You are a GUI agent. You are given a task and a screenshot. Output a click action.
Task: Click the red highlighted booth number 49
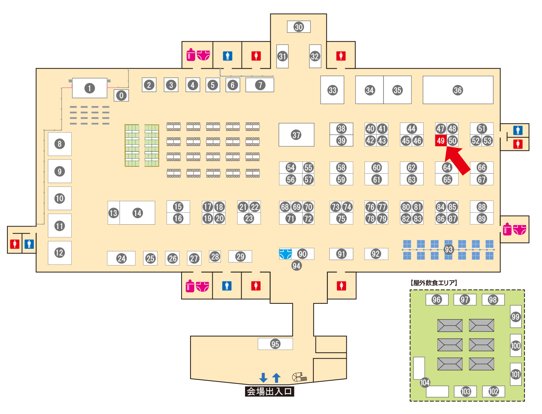point(441,141)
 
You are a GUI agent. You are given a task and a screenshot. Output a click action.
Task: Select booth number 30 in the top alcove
point(299,27)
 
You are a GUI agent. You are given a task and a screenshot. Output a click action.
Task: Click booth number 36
point(458,90)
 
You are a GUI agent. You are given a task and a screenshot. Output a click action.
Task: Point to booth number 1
point(89,88)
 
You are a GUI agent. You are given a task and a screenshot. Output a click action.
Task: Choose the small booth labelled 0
point(121,95)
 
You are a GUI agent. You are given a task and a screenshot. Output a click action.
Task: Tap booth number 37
point(296,135)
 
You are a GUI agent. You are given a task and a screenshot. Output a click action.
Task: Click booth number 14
point(138,213)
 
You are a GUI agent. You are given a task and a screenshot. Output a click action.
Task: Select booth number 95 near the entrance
point(275,344)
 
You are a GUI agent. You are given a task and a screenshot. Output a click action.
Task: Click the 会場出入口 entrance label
point(270,391)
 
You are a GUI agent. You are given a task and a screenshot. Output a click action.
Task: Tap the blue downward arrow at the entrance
point(263,378)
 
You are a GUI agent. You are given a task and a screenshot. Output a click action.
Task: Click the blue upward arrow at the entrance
point(276,378)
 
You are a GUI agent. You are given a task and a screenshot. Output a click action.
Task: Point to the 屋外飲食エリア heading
point(434,283)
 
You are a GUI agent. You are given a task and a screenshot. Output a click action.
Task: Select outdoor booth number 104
point(425,382)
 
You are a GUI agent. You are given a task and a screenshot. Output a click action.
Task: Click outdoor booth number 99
point(516,317)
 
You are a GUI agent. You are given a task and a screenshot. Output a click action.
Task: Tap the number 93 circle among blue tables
point(449,250)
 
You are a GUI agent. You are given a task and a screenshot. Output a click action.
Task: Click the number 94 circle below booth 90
point(296,265)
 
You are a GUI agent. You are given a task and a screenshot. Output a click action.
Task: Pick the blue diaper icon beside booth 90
point(285,254)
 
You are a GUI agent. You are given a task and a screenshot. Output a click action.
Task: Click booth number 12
point(59,253)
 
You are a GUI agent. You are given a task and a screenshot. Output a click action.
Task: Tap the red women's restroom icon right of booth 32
point(341,56)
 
